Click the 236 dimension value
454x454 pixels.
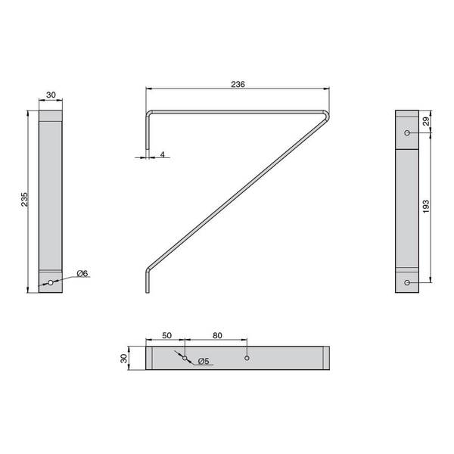click(238, 84)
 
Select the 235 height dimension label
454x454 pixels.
click(25, 199)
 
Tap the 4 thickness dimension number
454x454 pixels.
click(163, 154)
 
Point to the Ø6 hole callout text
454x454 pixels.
click(82, 273)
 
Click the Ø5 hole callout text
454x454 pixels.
click(204, 361)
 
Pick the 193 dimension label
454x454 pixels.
click(426, 207)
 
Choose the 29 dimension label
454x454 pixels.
click(426, 121)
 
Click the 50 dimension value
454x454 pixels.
click(166, 335)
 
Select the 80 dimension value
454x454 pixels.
click(217, 335)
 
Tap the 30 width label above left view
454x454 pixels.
click(51, 95)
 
